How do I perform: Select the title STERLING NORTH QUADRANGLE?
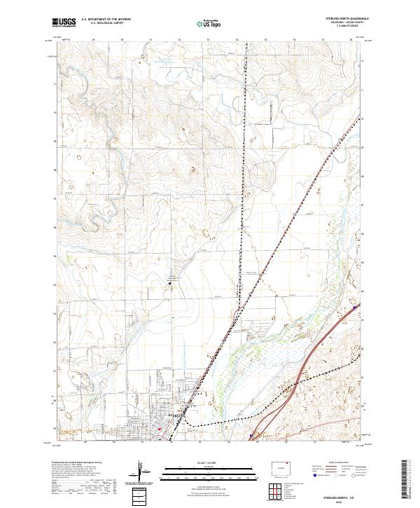(x=342, y=18)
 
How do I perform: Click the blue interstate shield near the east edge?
(x=356, y=306)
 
